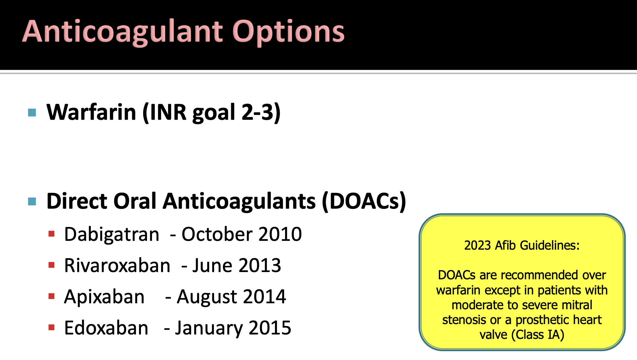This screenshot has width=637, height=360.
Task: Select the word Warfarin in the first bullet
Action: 91,112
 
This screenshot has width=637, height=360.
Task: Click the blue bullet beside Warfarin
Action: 32,113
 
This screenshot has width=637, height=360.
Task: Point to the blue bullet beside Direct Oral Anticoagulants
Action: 32,201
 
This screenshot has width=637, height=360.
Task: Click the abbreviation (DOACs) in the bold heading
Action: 364,201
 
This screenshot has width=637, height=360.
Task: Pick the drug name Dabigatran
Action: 112,235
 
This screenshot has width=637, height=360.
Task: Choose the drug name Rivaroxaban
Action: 117,265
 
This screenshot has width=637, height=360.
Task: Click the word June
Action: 212,265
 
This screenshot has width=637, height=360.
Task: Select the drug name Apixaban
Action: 104,297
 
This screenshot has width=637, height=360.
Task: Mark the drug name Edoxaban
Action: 106,328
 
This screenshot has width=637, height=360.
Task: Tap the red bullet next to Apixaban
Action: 52,296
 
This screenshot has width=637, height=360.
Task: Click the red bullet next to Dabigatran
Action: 52,234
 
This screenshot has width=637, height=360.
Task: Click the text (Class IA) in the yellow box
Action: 538,335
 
